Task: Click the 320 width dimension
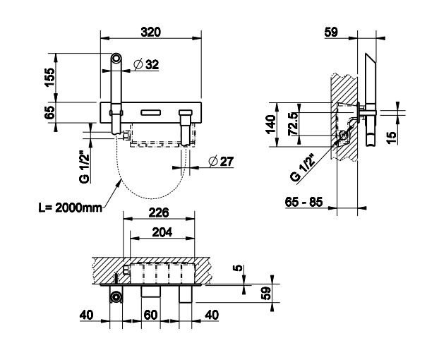(150, 32)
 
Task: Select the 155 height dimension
(50, 77)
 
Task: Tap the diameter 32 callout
(146, 65)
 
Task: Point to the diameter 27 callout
(221, 162)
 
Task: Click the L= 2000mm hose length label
(71, 208)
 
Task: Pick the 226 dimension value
(159, 212)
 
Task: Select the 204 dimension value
(162, 232)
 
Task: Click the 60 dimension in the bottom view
(150, 315)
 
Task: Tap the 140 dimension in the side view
(271, 124)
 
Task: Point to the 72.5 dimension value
(294, 124)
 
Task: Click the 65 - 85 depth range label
(303, 202)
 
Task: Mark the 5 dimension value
(238, 268)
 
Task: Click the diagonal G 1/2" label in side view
(303, 167)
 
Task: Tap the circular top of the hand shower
(116, 59)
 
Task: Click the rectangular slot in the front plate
(150, 112)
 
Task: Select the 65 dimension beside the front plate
(50, 112)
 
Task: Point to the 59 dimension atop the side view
(331, 32)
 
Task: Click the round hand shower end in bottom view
(116, 296)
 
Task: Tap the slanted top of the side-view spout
(371, 59)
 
